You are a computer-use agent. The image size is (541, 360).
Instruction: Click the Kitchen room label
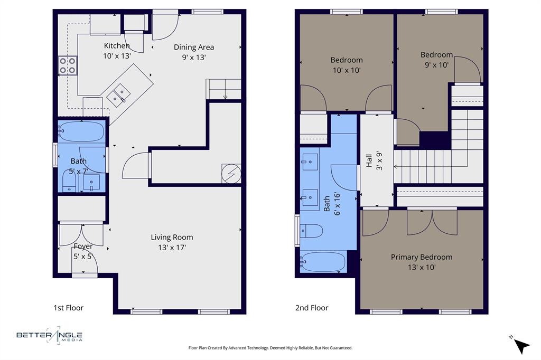117,51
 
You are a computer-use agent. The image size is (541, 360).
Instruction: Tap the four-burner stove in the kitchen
67,65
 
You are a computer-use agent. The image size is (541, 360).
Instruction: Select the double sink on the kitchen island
118,94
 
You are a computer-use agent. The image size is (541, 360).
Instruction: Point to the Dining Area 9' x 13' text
194,52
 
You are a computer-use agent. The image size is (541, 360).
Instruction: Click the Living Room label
172,242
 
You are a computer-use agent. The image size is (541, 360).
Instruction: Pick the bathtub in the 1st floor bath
81,132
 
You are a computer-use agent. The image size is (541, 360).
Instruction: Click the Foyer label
83,251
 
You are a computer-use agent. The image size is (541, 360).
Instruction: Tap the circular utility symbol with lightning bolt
231,173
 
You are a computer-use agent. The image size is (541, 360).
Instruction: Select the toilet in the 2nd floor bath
312,231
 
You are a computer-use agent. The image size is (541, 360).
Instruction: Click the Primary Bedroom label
422,262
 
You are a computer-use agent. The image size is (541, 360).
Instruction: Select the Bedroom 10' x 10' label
347,64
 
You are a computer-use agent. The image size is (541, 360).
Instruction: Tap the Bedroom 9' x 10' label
436,60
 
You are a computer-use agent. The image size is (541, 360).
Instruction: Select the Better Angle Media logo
50,335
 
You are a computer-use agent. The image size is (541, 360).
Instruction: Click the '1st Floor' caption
68,308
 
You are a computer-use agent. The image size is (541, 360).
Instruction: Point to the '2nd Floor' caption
312,308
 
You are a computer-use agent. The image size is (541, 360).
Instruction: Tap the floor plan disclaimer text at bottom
270,348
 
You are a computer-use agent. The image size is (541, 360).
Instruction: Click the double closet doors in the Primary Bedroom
432,222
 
